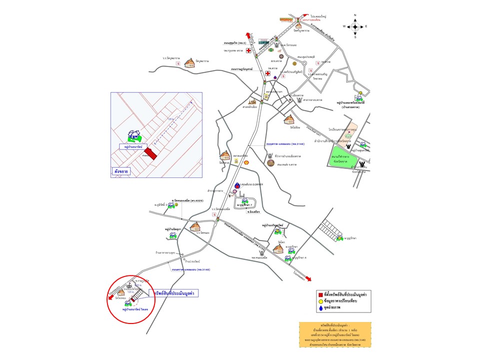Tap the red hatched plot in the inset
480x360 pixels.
coord(150,153)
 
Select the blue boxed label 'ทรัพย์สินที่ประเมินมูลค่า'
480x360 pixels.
coord(174,292)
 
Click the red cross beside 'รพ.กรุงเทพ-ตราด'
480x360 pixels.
coord(247,51)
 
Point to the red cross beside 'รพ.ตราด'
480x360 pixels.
coord(268,74)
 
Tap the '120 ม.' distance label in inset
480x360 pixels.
coord(170,119)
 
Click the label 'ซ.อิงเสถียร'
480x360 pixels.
coord(255,212)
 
